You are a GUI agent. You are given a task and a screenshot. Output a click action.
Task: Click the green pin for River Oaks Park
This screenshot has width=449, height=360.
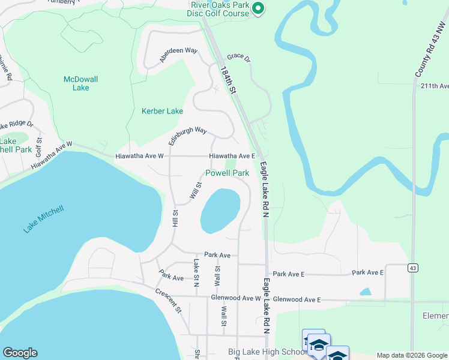tap(258, 8)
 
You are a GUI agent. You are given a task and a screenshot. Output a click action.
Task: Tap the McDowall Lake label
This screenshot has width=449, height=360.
tap(80, 83)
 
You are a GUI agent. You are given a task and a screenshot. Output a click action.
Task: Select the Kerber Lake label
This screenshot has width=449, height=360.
tap(162, 111)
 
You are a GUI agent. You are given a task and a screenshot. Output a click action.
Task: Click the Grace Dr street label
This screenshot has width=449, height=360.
tap(238, 57)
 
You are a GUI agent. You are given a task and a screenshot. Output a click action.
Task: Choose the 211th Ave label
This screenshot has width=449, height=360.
tap(434, 86)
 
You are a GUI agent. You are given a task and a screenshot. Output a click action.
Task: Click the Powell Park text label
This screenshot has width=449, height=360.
tap(227, 173)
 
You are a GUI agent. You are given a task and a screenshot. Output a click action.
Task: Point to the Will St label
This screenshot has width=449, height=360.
tap(196, 190)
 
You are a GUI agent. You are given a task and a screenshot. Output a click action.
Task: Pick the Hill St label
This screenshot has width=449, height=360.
tap(175, 218)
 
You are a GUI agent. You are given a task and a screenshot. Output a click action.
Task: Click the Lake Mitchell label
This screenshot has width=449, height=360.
tap(43, 219)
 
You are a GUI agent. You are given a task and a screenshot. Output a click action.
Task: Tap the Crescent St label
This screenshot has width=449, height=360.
tap(168, 301)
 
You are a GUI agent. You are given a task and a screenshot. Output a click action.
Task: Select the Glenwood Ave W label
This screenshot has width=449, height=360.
tap(235, 298)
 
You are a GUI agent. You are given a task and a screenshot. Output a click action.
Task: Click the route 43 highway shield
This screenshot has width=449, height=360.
tap(412, 267)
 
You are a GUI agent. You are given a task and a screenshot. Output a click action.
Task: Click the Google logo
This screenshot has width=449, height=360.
tap(20, 353)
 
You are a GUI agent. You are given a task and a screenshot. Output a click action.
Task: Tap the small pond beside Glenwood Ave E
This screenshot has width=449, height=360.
tap(365, 292)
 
